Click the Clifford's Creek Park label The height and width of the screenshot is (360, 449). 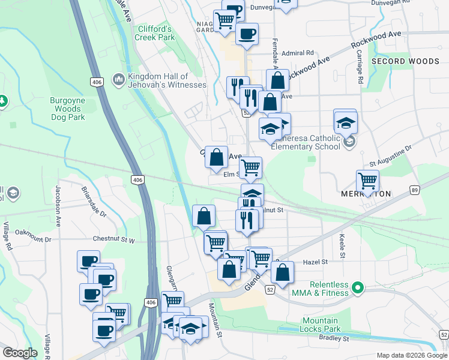155,33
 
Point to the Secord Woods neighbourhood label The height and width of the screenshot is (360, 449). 405,61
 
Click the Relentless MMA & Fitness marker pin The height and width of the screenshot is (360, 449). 358,288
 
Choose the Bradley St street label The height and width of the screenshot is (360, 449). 334,338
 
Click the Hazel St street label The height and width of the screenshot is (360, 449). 315,262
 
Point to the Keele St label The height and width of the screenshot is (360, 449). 342,247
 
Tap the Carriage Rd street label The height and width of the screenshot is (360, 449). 360,71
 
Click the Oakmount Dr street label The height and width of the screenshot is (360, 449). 33,231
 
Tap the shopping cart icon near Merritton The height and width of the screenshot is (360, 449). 367,179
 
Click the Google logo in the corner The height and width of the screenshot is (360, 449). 20,353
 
